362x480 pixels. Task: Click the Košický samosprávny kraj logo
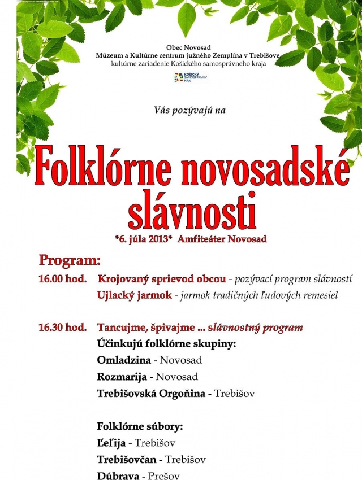[190, 77]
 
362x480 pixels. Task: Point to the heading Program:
[70, 260]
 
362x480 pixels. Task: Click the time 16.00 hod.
[62, 279]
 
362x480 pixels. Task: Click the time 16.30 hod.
[62, 328]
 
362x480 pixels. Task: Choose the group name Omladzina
[124, 360]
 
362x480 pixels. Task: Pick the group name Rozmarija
[123, 377]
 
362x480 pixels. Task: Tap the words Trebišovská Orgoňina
[151, 393]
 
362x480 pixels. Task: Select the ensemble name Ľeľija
[111, 443]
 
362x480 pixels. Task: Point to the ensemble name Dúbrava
[119, 476]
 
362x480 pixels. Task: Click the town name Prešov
[164, 476]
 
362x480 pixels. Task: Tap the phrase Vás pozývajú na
[189, 110]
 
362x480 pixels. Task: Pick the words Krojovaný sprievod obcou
[162, 279]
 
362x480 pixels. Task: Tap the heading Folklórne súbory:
[140, 426]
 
